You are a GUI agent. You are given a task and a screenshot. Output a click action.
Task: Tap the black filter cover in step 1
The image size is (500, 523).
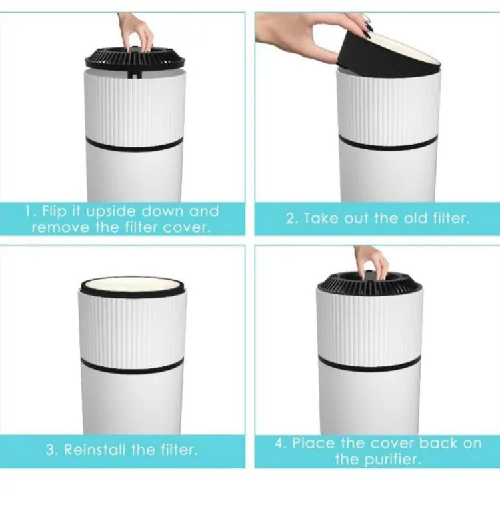pyautogui.click(x=135, y=60)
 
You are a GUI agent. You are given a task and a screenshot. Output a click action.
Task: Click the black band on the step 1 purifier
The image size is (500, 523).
pyautogui.click(x=135, y=144)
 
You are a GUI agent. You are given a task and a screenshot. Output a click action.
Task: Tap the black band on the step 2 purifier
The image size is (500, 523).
pyautogui.click(x=387, y=142)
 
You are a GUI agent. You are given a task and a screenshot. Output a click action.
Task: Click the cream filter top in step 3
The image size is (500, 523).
pyautogui.click(x=132, y=285)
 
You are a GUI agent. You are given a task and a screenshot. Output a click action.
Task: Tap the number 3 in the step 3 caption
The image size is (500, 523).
pyautogui.click(x=51, y=450)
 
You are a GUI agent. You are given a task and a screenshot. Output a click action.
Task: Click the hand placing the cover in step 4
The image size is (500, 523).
pyautogui.click(x=371, y=264)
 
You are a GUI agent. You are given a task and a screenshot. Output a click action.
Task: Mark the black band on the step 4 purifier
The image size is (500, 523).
pyautogui.click(x=369, y=364)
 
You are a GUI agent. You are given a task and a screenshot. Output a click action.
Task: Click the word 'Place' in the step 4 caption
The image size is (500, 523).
pyautogui.click(x=313, y=443)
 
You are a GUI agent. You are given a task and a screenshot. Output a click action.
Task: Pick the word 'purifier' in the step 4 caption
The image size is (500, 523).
pyautogui.click(x=393, y=460)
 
